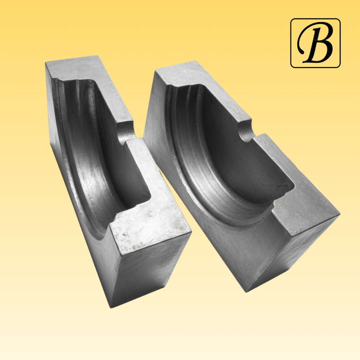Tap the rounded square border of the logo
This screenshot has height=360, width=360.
click(291, 43)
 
